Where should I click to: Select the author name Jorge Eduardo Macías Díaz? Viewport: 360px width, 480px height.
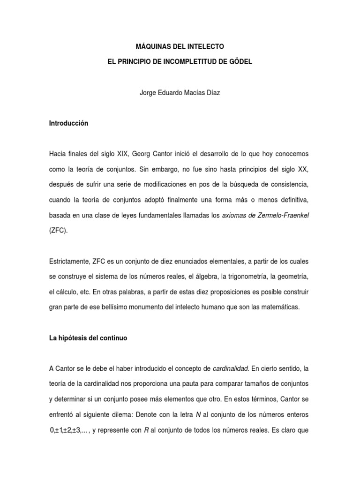[x=180, y=93]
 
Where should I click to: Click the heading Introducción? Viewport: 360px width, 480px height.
[x=68, y=124]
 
